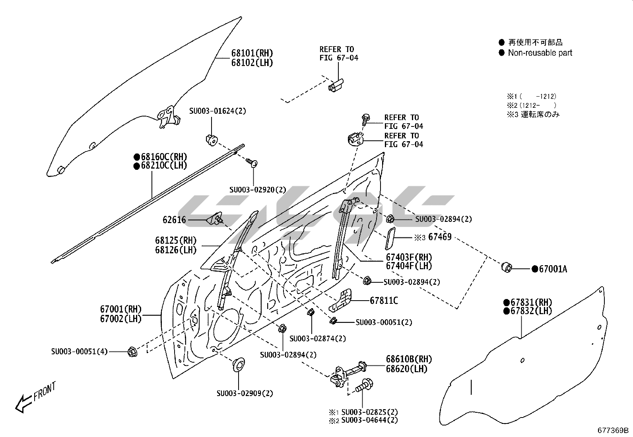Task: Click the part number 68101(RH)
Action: tap(252, 53)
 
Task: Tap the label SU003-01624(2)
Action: tap(217, 111)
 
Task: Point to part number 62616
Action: tap(174, 219)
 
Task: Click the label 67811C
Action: tap(384, 301)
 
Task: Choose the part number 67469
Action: tap(440, 237)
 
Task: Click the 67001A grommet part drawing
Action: tap(507, 268)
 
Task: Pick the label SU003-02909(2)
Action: tap(245, 394)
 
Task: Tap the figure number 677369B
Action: tap(613, 430)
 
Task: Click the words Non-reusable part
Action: tap(540, 53)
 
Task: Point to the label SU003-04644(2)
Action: tap(369, 420)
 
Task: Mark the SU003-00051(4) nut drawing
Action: tap(132, 352)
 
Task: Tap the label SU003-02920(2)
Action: tap(258, 190)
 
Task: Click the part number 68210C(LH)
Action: tap(164, 165)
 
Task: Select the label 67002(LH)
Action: tap(120, 319)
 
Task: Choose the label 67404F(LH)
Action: tap(409, 266)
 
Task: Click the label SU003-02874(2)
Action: tap(318, 338)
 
